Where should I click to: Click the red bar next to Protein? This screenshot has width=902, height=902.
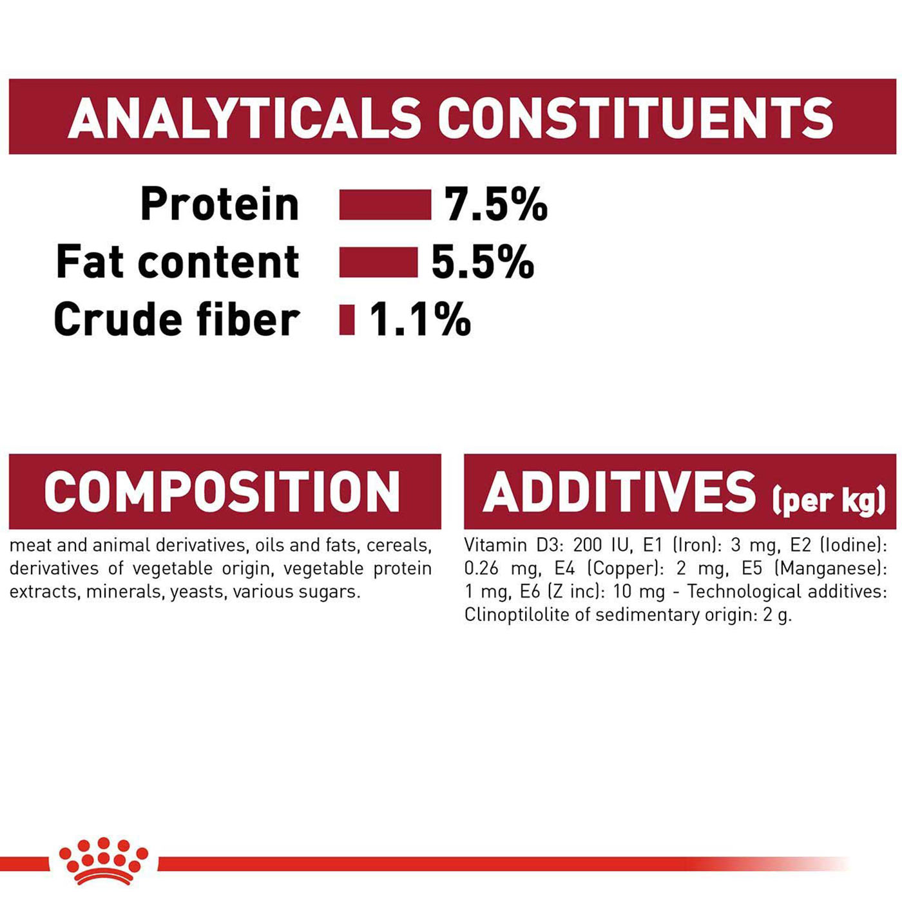(x=385, y=204)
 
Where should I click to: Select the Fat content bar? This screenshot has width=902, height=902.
(x=378, y=262)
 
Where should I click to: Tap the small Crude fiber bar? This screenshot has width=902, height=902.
(x=347, y=320)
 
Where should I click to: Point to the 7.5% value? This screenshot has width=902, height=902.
(x=495, y=204)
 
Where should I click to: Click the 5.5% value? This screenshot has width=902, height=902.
(x=483, y=262)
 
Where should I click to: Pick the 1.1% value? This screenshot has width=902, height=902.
(x=420, y=319)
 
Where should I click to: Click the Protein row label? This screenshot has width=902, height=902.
(x=220, y=204)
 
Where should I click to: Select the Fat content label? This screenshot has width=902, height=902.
(x=177, y=262)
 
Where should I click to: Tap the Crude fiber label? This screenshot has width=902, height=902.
(x=177, y=319)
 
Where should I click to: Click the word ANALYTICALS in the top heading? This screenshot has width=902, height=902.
(x=244, y=117)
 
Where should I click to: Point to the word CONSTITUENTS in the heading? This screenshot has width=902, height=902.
(x=635, y=117)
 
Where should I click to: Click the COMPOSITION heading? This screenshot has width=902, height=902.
(x=222, y=492)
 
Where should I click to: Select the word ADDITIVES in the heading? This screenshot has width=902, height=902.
(x=619, y=492)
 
